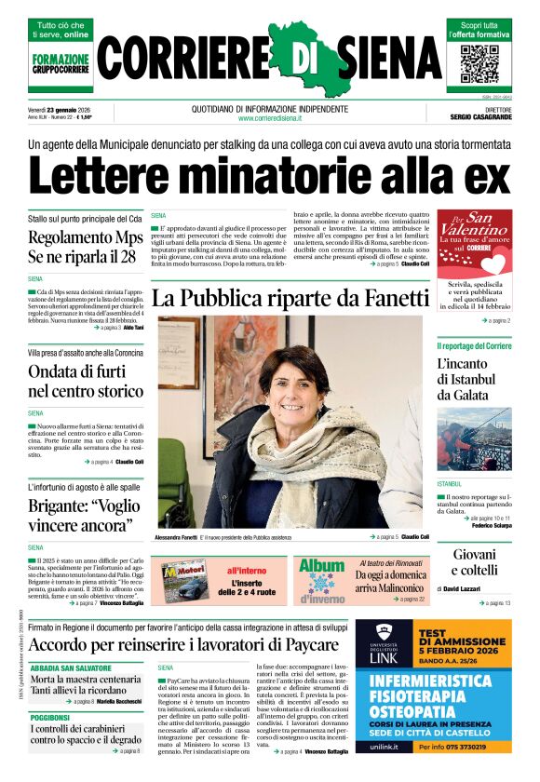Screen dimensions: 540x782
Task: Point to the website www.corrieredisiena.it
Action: [x=269, y=118]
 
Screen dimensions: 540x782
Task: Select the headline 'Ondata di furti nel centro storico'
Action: [x=86, y=381]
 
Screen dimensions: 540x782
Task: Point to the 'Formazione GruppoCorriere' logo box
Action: [x=61, y=64]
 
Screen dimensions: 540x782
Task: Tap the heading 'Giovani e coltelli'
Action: [x=475, y=562]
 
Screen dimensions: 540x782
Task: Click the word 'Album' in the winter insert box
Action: [x=321, y=566]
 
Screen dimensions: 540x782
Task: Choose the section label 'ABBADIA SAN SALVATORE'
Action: [x=73, y=667]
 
